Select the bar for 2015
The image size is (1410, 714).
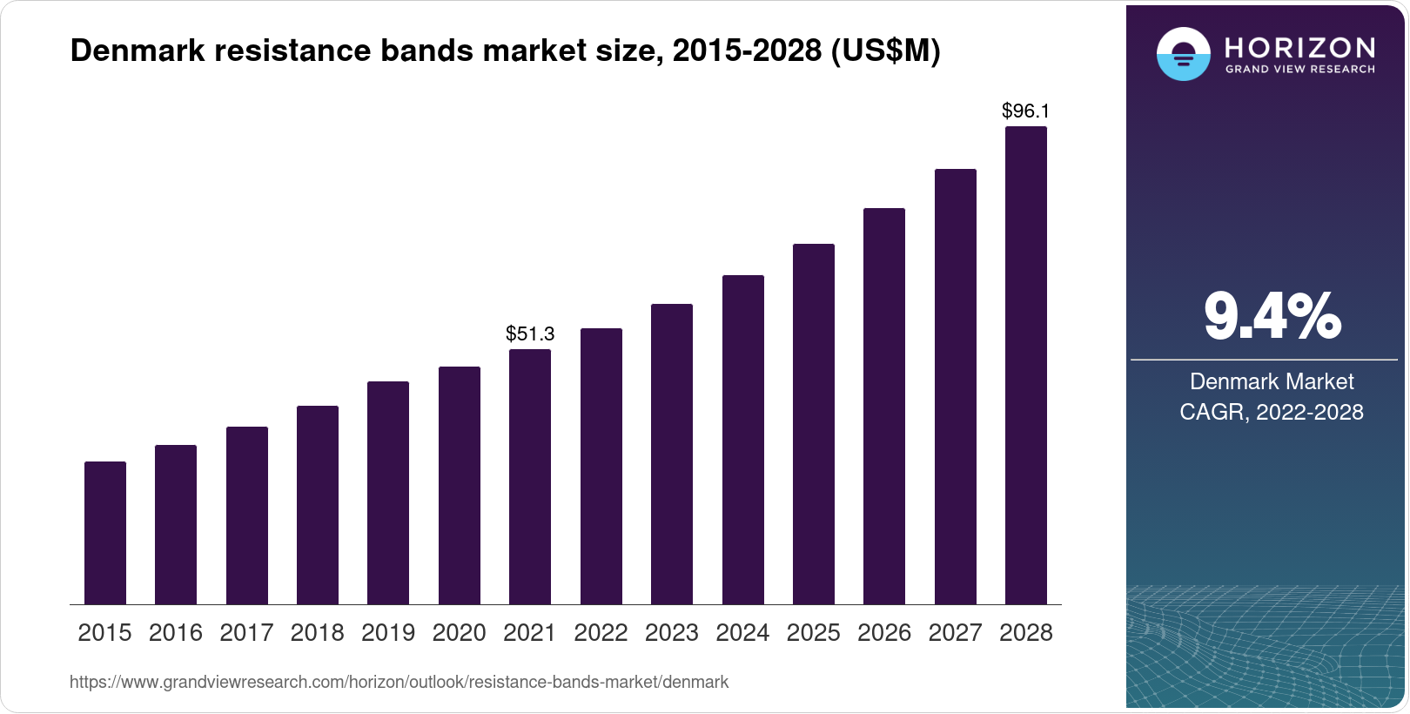pos(105,533)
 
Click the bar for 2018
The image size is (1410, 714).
pos(318,505)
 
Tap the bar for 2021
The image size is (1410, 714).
pos(530,476)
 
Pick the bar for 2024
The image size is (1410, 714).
pos(743,440)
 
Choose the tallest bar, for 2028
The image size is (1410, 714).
pos(1026,366)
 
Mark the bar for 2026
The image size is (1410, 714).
pos(884,406)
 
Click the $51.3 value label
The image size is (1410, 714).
pos(530,333)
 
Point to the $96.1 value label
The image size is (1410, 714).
pos(1026,111)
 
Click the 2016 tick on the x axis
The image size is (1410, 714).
pos(176,633)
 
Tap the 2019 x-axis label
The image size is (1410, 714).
pos(388,633)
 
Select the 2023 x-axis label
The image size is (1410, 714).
pos(672,633)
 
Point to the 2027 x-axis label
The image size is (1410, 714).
pos(955,633)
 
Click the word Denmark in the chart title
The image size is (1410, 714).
pos(138,51)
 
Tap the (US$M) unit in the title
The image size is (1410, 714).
pos(886,51)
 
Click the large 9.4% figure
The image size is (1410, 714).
pos(1272,317)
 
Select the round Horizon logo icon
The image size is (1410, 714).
pos(1183,54)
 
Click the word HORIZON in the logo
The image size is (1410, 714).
pos(1300,47)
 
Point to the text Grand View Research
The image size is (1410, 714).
pos(1300,70)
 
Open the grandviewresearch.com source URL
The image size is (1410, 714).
pos(399,682)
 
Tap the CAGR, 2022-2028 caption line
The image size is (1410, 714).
pos(1272,412)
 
